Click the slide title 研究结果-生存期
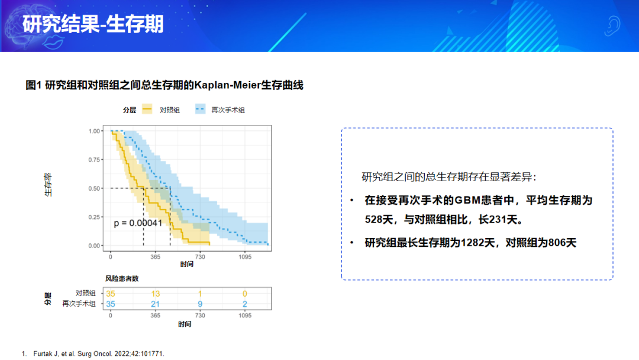tap(93, 24)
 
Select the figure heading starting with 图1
tap(164, 85)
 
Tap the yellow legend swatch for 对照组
tap(147, 110)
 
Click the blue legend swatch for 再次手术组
tap(200, 110)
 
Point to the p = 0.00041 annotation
tap(138, 223)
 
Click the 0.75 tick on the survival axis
tap(93, 160)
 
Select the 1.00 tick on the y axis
tap(93, 131)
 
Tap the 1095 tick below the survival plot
tap(245, 257)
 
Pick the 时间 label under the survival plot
tap(186, 264)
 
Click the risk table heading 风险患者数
tap(122, 278)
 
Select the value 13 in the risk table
tap(155, 294)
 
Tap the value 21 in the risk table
tap(155, 304)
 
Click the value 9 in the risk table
tap(200, 304)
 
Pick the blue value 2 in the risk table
tap(245, 304)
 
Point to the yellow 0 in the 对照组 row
tap(245, 294)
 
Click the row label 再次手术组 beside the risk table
tap(79, 304)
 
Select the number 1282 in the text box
tap(475, 243)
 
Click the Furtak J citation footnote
tap(93, 354)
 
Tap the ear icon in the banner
tap(612, 26)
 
